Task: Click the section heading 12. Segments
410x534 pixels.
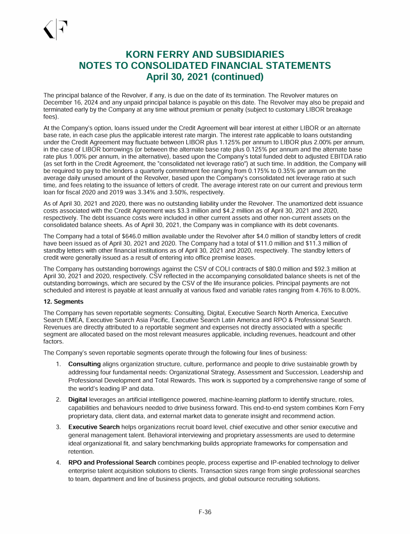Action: point(64,302)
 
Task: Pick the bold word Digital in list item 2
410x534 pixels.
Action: point(78,399)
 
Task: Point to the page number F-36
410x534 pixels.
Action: point(205,512)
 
